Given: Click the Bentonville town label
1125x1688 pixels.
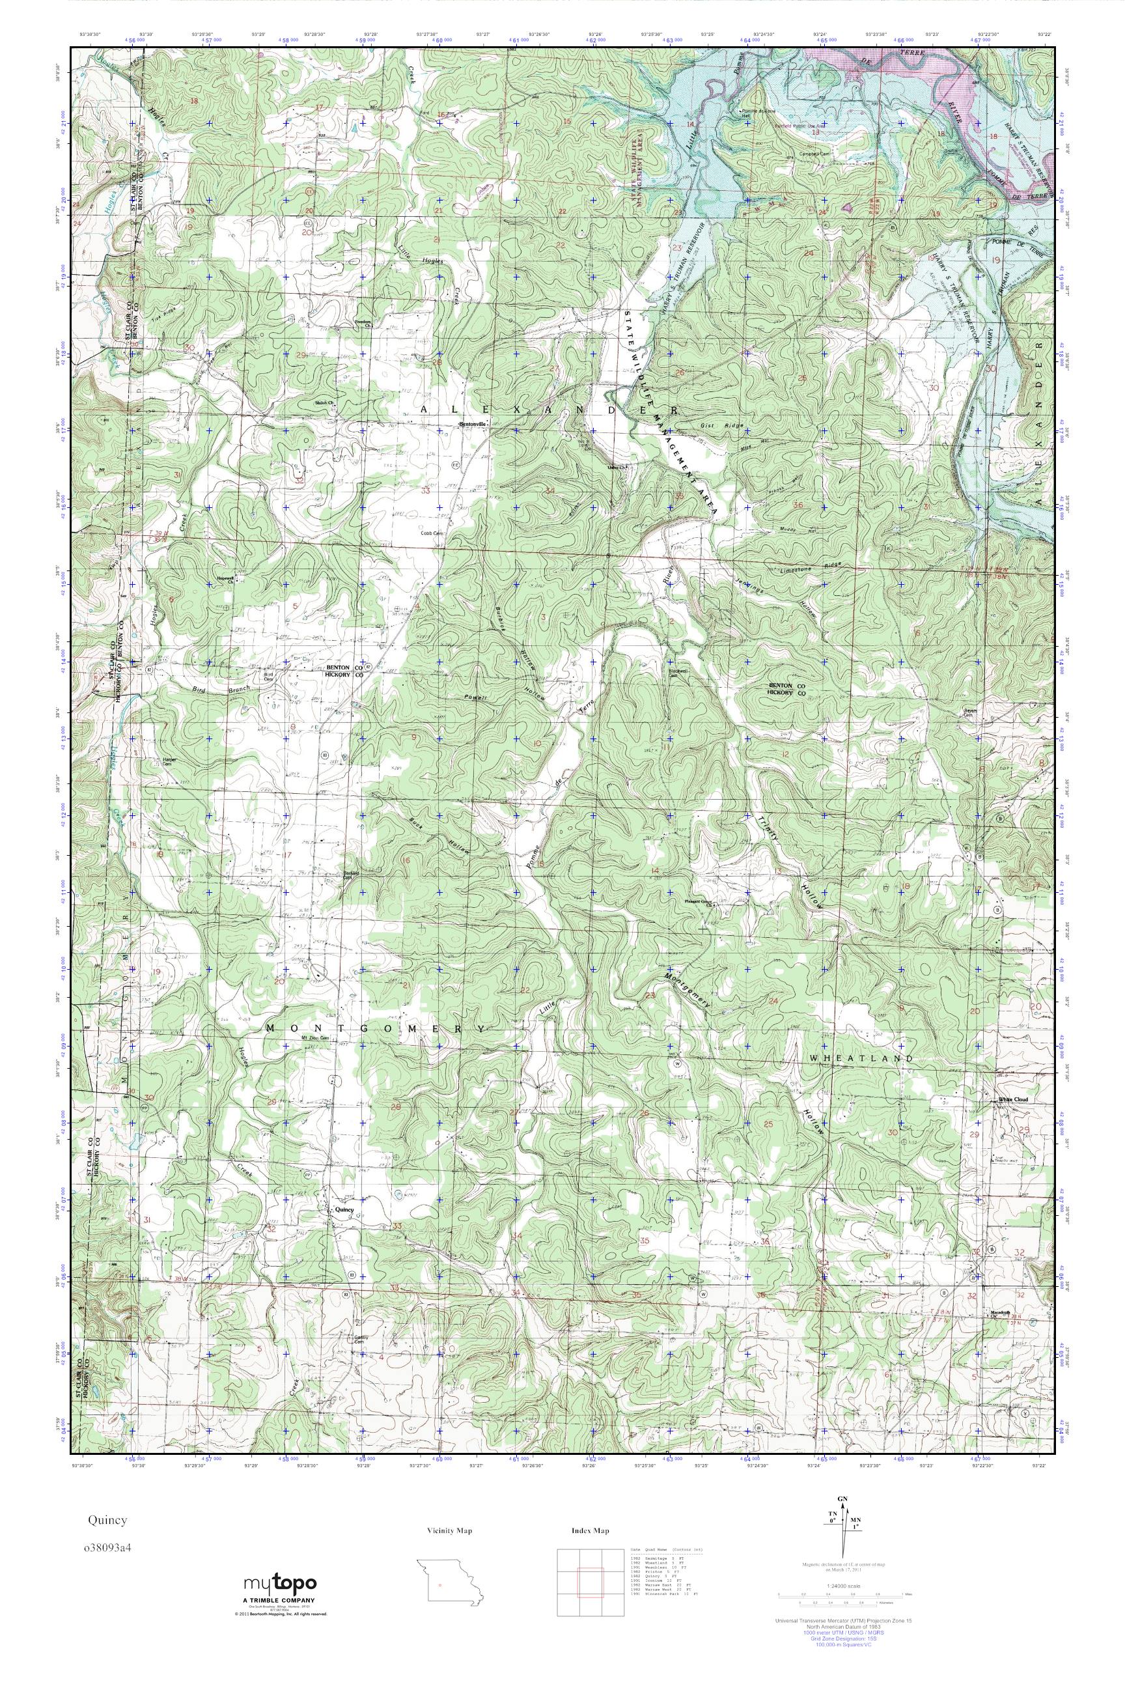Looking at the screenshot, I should (x=473, y=424).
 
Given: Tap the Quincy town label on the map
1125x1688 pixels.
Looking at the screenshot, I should (x=344, y=1209).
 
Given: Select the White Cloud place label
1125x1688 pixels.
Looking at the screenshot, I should (x=1013, y=1100).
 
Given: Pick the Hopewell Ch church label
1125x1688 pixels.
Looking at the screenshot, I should (x=227, y=579).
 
